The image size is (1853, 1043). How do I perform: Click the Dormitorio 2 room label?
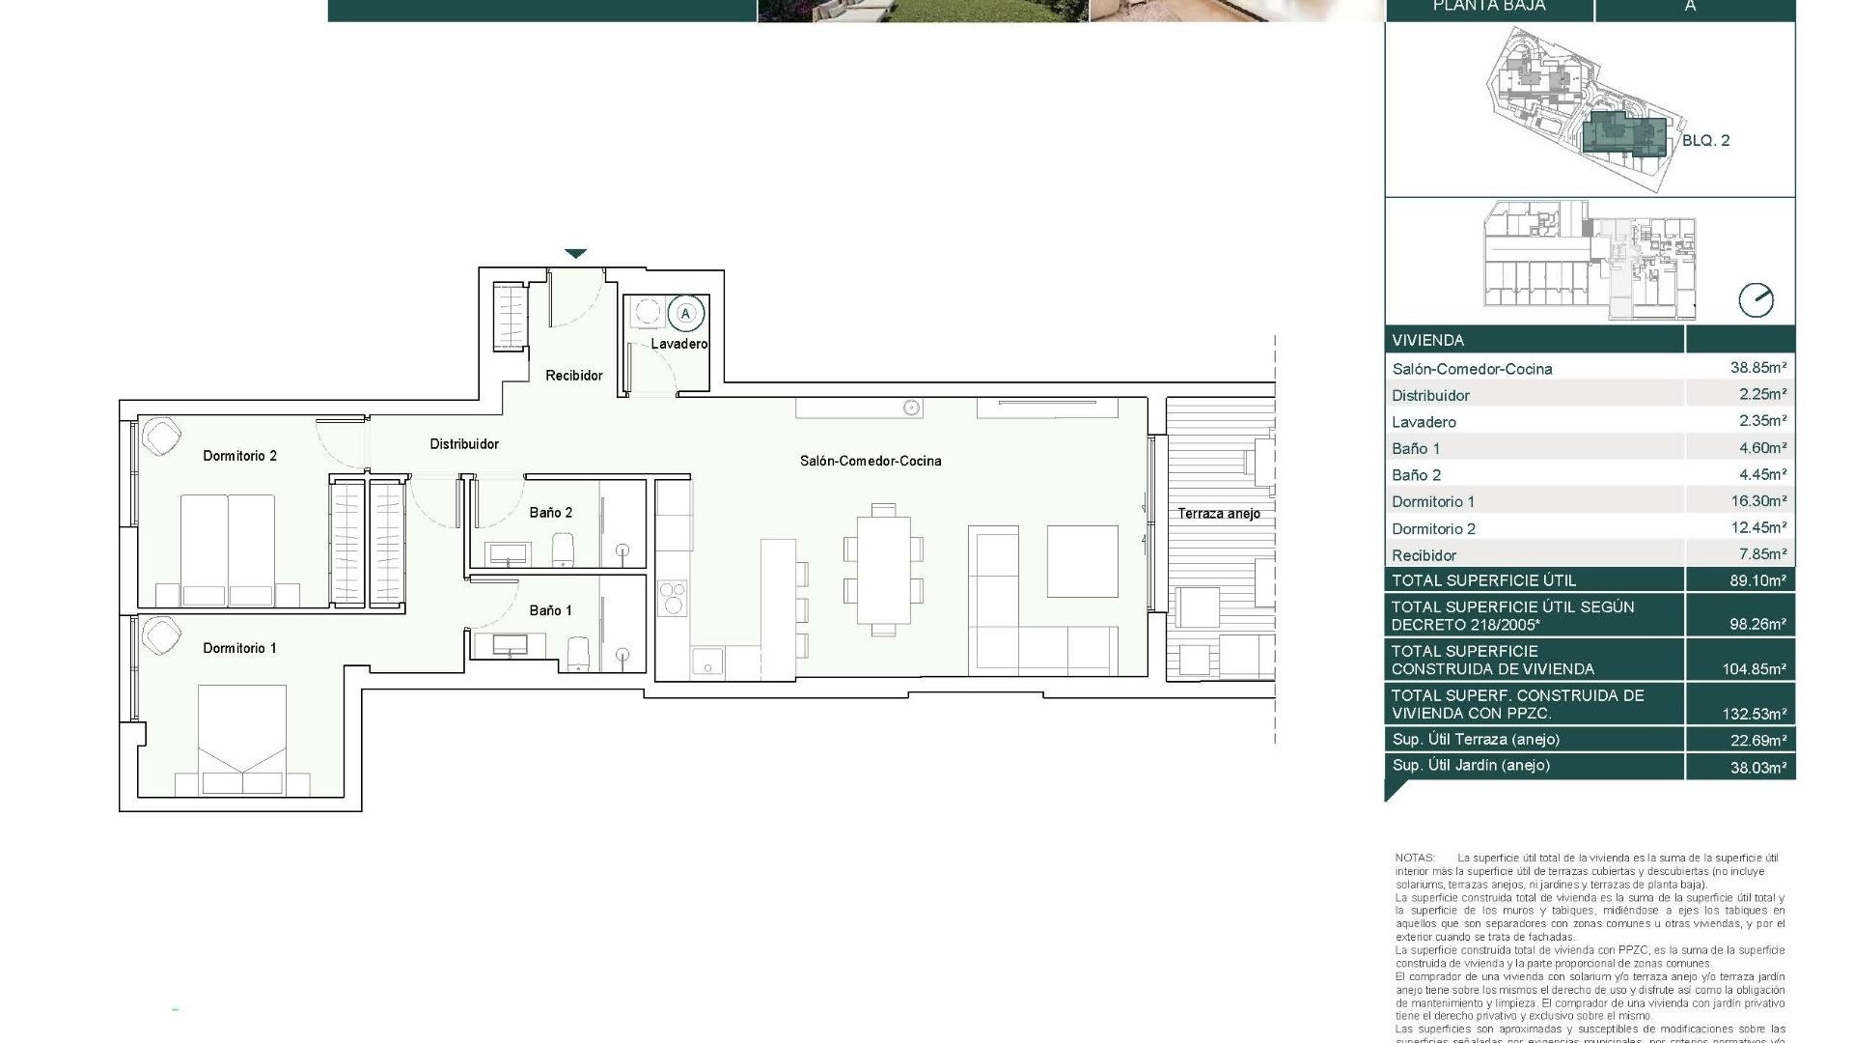(x=239, y=456)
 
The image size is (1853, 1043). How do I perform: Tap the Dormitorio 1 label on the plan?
(x=239, y=648)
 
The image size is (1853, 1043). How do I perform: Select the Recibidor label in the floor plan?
(x=573, y=376)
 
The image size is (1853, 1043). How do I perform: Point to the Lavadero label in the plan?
(x=678, y=344)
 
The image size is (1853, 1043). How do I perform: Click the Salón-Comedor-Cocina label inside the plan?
(x=870, y=461)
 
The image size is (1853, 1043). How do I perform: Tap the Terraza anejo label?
(x=1218, y=514)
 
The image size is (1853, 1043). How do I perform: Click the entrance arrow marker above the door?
(x=575, y=254)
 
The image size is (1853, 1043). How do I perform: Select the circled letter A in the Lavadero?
(x=686, y=314)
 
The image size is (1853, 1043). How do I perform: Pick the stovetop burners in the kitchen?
(x=672, y=597)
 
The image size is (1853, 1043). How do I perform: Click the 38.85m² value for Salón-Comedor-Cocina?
(x=1757, y=368)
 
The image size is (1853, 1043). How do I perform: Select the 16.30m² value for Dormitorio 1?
(x=1757, y=501)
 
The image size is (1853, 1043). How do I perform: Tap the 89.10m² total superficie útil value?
(x=1757, y=580)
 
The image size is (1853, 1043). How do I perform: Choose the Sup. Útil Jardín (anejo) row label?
(x=1470, y=766)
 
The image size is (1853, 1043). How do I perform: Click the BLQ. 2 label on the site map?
(x=1705, y=141)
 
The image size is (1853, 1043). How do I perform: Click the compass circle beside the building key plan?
(x=1756, y=300)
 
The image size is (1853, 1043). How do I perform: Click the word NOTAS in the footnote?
(x=1415, y=858)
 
